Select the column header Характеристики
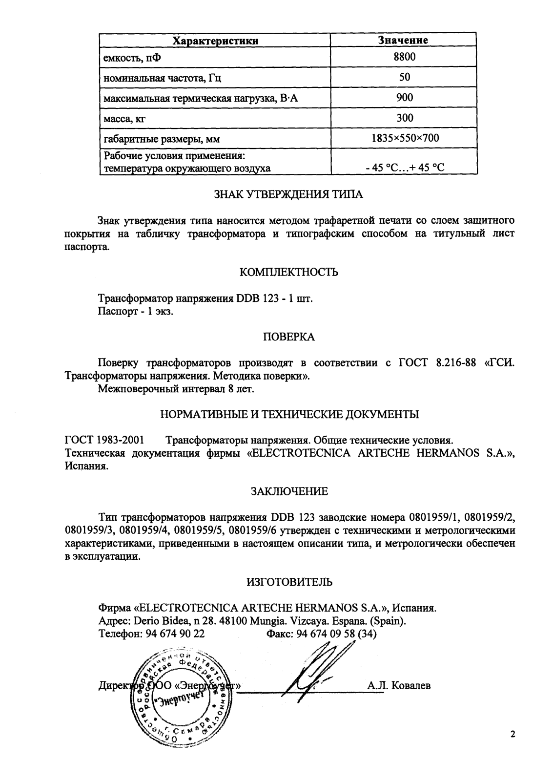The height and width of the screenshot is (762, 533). pyautogui.click(x=216, y=41)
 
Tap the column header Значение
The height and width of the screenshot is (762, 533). pyautogui.click(x=404, y=41)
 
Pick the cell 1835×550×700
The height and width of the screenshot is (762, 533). pyautogui.click(x=405, y=138)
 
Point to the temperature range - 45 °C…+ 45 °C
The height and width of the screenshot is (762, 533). pyautogui.click(x=405, y=168)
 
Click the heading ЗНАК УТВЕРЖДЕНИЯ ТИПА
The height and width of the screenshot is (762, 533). pyautogui.click(x=289, y=194)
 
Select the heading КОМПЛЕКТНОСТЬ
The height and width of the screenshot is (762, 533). pyautogui.click(x=289, y=272)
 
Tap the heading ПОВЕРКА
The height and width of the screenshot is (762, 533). pyautogui.click(x=289, y=337)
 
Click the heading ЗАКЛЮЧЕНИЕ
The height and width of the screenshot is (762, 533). pyautogui.click(x=289, y=491)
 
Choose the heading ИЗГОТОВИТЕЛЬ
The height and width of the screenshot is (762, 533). pyautogui.click(x=289, y=582)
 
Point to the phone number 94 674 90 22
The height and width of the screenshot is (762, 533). pyautogui.click(x=174, y=634)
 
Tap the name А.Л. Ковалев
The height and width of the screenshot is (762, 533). pyautogui.click(x=399, y=686)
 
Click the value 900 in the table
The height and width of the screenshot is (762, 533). pyautogui.click(x=404, y=97)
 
